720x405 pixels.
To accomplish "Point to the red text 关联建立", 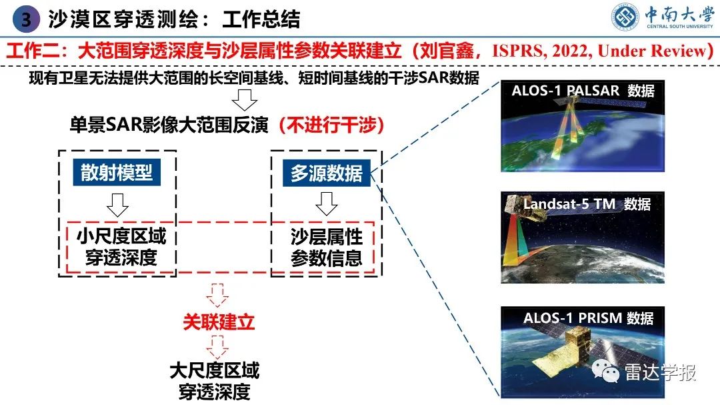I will coord(219,322).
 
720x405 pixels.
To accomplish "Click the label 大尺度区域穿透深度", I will coord(214,380).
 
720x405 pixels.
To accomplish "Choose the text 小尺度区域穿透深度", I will coord(121,247).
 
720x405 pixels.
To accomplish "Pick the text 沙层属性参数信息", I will coord(326,247).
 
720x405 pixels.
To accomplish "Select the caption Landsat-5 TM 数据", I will coord(587,204).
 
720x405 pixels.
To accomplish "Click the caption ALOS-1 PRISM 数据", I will coord(588,318).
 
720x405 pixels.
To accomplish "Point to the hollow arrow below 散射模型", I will coord(117,205).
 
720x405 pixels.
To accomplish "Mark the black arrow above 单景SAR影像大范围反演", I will coord(246,99).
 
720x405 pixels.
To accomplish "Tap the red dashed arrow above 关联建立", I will coord(218,294).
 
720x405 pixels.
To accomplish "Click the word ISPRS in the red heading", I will coord(516,51).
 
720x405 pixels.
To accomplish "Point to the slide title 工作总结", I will coord(261,19).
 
